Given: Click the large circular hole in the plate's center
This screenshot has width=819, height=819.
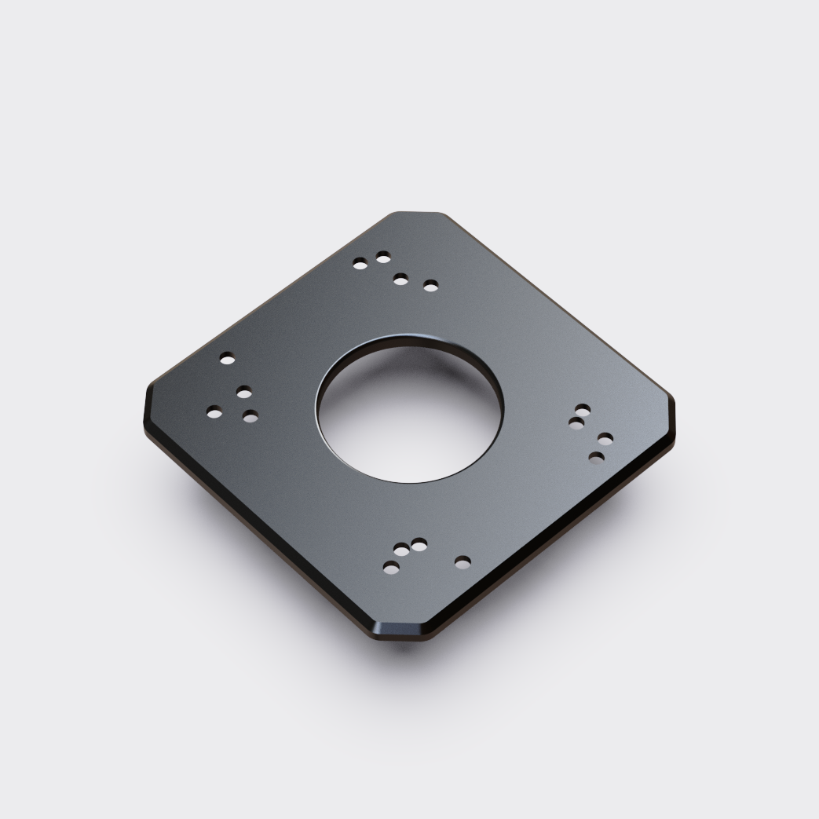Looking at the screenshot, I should (409, 409).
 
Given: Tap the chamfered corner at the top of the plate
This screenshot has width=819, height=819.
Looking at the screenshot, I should (418, 214).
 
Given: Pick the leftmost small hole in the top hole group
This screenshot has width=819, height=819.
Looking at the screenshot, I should (360, 265).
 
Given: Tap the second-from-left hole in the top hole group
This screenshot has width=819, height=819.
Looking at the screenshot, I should (383, 257).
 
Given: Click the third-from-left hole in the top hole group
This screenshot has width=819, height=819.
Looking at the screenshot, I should (400, 279).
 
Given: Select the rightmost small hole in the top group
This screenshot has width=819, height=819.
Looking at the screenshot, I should (430, 285).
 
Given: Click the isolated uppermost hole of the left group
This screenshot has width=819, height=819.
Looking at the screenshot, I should (227, 359).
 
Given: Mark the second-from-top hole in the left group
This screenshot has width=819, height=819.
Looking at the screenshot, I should (244, 391).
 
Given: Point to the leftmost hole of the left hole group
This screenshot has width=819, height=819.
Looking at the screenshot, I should (214, 411).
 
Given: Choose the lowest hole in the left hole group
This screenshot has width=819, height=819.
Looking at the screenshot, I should (250, 416).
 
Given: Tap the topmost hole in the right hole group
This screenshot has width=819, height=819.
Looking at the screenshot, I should (583, 409).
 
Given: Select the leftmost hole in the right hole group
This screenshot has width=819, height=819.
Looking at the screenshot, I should (576, 423).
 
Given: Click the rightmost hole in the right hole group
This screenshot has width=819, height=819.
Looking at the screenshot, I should (605, 438).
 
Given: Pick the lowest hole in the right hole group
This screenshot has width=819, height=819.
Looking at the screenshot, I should (597, 456).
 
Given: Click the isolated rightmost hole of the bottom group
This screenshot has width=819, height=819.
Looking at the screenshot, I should (463, 561).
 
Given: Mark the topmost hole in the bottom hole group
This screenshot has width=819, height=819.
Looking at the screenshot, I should (419, 543).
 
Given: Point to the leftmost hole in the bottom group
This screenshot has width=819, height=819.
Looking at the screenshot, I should (390, 566).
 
